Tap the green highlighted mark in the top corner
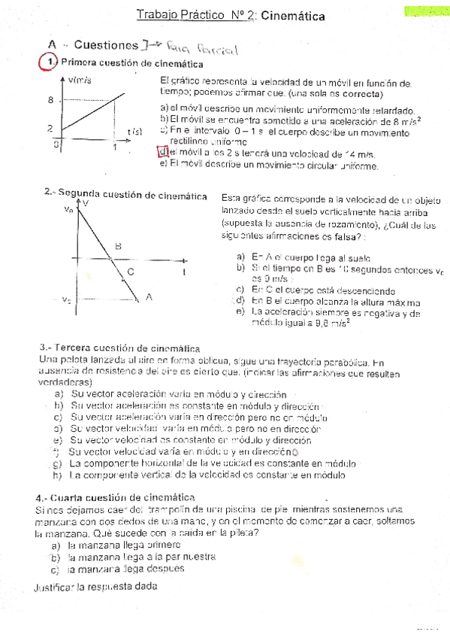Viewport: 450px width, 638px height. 425,11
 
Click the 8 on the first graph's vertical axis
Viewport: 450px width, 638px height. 50,100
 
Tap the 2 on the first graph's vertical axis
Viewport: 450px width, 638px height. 50,129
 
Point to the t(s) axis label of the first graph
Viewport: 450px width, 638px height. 135,132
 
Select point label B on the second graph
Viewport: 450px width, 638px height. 118,246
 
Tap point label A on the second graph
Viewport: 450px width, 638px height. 149,296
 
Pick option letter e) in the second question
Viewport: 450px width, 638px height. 240,311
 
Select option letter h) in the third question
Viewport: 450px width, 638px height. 56,475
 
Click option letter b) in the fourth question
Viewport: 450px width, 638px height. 56,557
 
